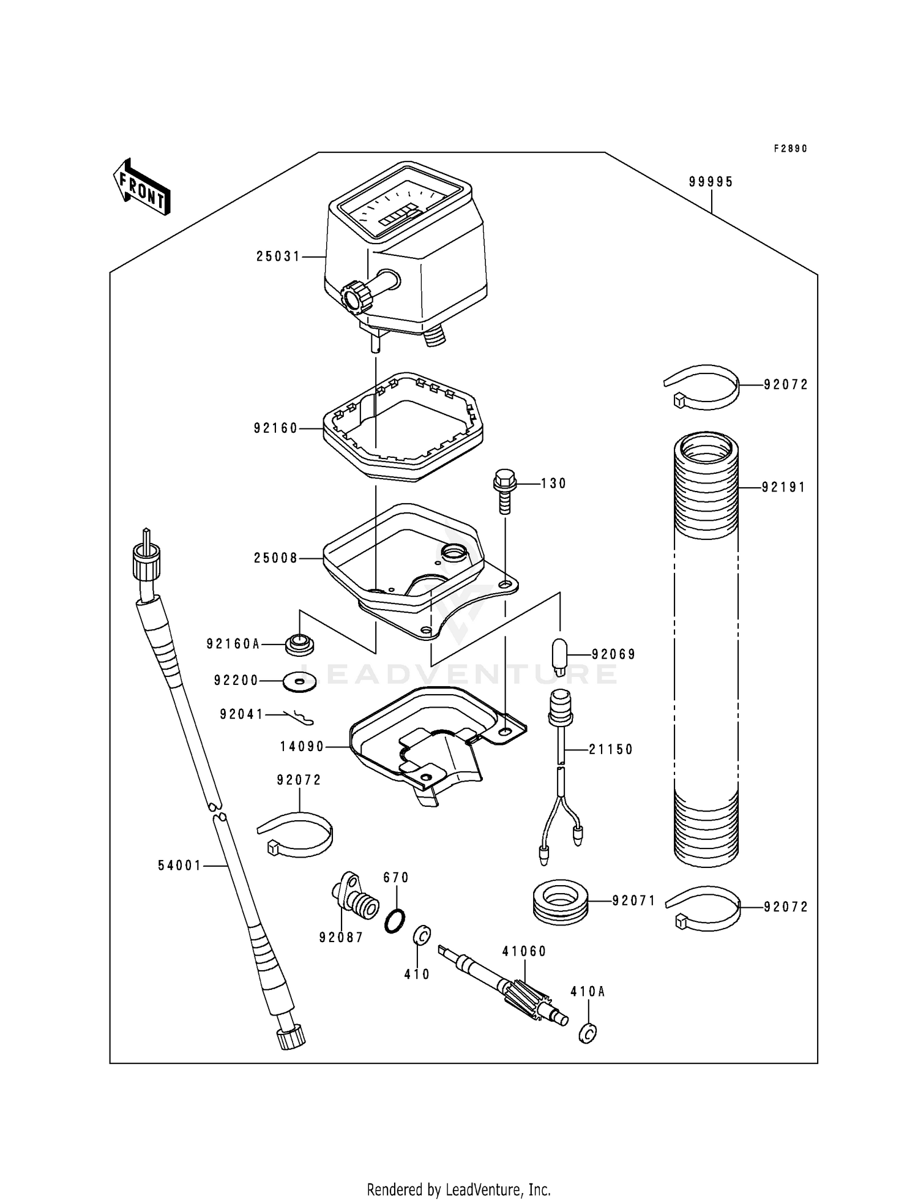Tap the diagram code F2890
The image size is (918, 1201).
(x=790, y=149)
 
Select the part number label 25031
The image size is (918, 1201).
(x=278, y=257)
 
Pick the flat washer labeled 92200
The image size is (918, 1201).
(x=299, y=681)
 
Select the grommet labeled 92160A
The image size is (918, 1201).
(x=299, y=644)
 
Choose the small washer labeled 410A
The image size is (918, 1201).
(x=588, y=1033)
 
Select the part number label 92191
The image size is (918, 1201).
(x=784, y=488)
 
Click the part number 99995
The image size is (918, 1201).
(x=711, y=182)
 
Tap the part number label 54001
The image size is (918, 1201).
(x=179, y=866)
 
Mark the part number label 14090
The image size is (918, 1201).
(x=302, y=747)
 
